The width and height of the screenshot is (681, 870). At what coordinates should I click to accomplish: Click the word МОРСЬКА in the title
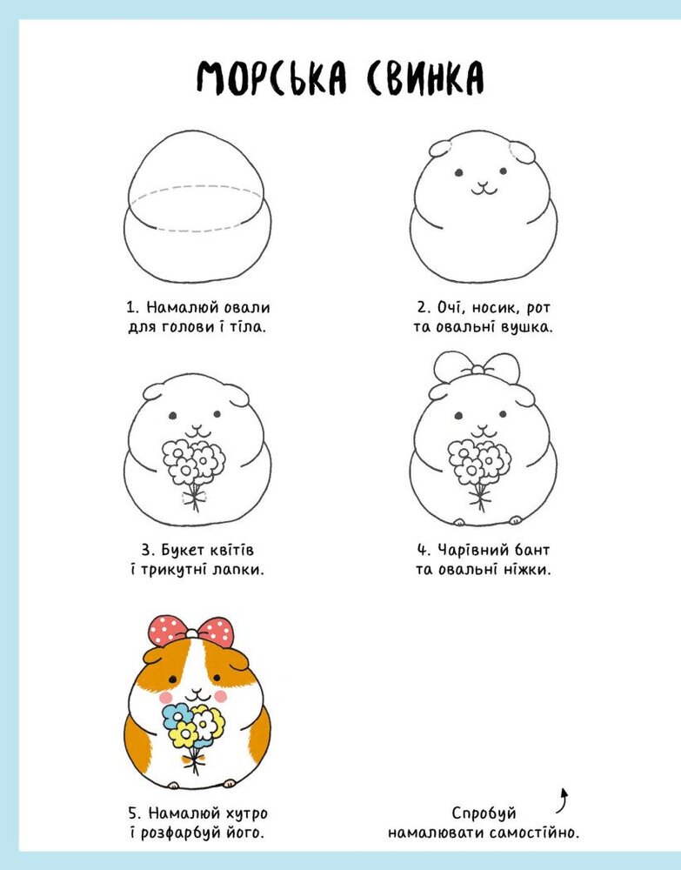271,77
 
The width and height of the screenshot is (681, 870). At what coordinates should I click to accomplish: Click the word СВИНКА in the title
424,77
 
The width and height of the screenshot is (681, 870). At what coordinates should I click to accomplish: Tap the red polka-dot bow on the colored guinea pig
190,631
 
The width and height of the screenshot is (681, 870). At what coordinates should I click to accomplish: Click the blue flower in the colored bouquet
175,715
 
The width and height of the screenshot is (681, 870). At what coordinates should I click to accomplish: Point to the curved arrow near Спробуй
564,801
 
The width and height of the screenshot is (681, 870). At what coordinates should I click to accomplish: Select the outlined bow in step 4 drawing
477,367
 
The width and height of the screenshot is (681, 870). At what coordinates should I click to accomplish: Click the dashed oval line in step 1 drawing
195,208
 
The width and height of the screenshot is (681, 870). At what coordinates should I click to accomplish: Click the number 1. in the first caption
132,307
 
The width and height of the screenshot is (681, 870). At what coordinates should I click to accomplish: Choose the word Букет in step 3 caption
183,550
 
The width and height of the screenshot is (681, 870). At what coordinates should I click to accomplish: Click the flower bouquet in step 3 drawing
194,472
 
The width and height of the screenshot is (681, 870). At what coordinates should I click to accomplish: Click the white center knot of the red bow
192,633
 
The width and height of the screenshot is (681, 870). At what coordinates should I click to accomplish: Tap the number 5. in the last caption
136,814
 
